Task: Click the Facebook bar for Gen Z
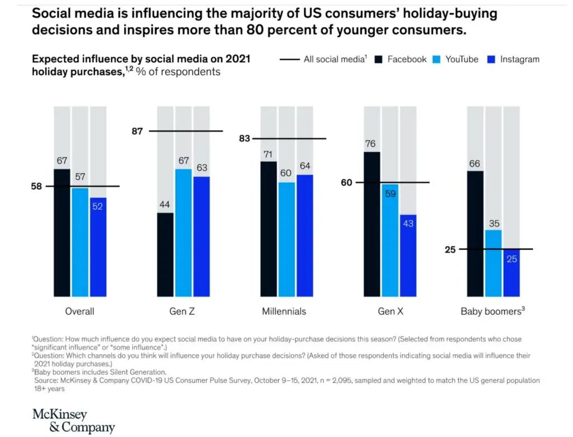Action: [x=165, y=254]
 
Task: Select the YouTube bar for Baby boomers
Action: [x=493, y=263]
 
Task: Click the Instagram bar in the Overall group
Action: [x=98, y=247]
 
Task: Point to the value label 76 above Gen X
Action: [x=370, y=144]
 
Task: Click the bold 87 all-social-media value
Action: [x=138, y=132]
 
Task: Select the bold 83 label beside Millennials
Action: [x=245, y=138]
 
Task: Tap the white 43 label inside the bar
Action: [x=408, y=223]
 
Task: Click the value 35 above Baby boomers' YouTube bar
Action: [x=494, y=223]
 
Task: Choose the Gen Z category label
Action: [x=182, y=312]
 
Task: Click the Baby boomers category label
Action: [x=492, y=312]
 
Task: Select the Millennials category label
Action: [x=284, y=312]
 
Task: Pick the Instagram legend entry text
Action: [x=520, y=59]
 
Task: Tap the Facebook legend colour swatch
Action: [x=379, y=59]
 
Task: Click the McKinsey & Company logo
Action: [x=73, y=421]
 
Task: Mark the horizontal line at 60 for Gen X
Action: [x=392, y=182]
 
